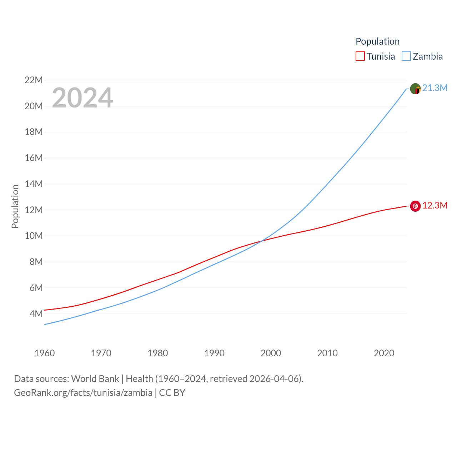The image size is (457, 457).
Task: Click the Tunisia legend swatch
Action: tap(360, 56)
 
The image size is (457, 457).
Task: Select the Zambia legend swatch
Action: tap(406, 56)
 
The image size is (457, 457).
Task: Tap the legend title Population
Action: tap(377, 41)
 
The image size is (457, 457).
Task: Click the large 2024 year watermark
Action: tap(82, 98)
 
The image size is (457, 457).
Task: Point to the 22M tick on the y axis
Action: tap(34, 80)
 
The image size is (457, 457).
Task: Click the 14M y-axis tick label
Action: tap(34, 184)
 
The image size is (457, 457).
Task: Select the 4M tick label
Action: tap(36, 314)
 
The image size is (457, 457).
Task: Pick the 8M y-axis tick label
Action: tap(36, 262)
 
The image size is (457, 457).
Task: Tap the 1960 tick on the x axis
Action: tap(45, 353)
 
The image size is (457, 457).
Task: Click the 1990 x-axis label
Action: tap(214, 353)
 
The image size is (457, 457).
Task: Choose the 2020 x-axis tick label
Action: tap(384, 353)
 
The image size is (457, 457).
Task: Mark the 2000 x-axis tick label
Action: tap(271, 353)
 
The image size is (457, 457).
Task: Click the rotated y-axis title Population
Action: tap(15, 206)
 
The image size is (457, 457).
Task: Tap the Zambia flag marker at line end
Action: tap(415, 89)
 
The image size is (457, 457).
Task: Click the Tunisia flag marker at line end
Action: tap(415, 206)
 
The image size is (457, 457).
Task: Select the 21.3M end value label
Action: tap(435, 88)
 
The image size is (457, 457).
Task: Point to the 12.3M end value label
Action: tap(435, 205)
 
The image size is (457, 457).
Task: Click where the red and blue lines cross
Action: tap(261, 241)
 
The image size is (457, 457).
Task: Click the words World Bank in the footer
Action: tap(95, 378)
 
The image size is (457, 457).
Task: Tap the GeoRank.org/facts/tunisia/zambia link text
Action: tap(83, 393)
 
